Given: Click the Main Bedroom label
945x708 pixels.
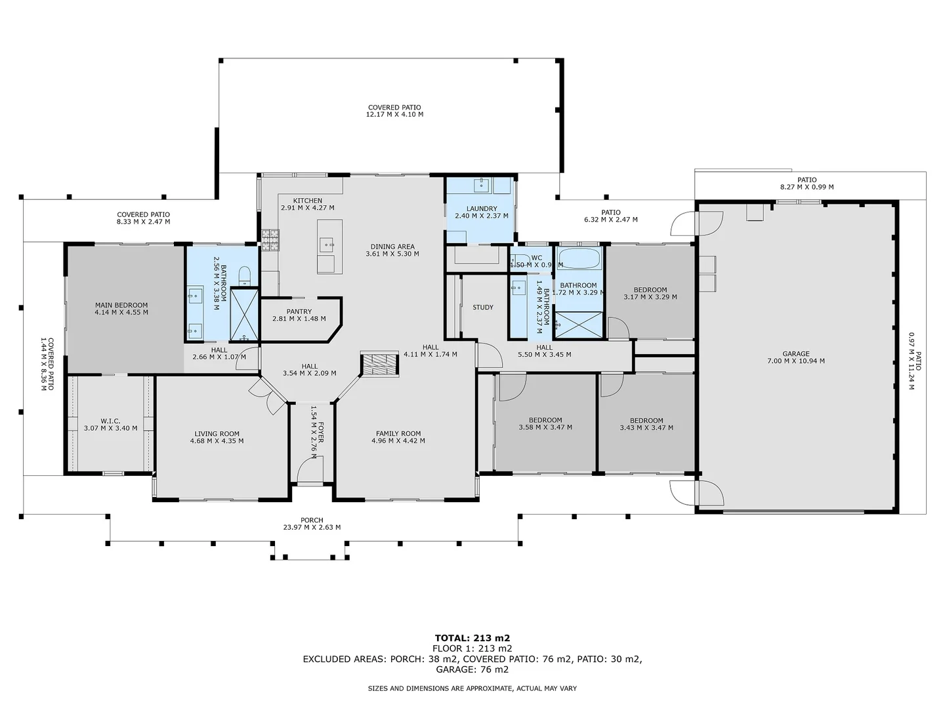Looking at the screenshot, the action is coord(121,305).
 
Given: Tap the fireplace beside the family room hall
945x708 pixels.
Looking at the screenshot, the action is coord(379,364).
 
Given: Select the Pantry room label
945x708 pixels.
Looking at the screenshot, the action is coord(299,311).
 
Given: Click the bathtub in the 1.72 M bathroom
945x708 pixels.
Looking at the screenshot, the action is coord(579,258).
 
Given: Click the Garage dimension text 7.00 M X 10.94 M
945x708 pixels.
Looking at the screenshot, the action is coord(796,361).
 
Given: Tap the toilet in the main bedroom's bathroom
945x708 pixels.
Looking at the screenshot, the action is coord(245,276).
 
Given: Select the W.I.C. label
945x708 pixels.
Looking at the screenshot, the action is coord(111,421).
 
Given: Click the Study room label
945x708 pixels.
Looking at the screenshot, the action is coord(483,307).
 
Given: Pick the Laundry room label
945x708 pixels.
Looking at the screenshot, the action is coord(482,208).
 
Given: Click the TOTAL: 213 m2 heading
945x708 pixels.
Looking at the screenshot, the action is coord(472,638).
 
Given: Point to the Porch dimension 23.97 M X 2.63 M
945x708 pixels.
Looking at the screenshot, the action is coord(312,528).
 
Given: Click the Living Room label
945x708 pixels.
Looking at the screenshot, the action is coord(217,434).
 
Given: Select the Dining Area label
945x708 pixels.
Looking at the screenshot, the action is coord(392,246).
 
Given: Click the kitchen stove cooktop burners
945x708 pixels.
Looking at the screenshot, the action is coord(270,240).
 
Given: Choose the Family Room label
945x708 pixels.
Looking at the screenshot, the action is coord(398,434).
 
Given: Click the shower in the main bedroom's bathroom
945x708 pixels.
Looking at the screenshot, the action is coord(244,315).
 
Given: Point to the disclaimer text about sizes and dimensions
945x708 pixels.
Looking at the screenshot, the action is coord(472,688).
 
